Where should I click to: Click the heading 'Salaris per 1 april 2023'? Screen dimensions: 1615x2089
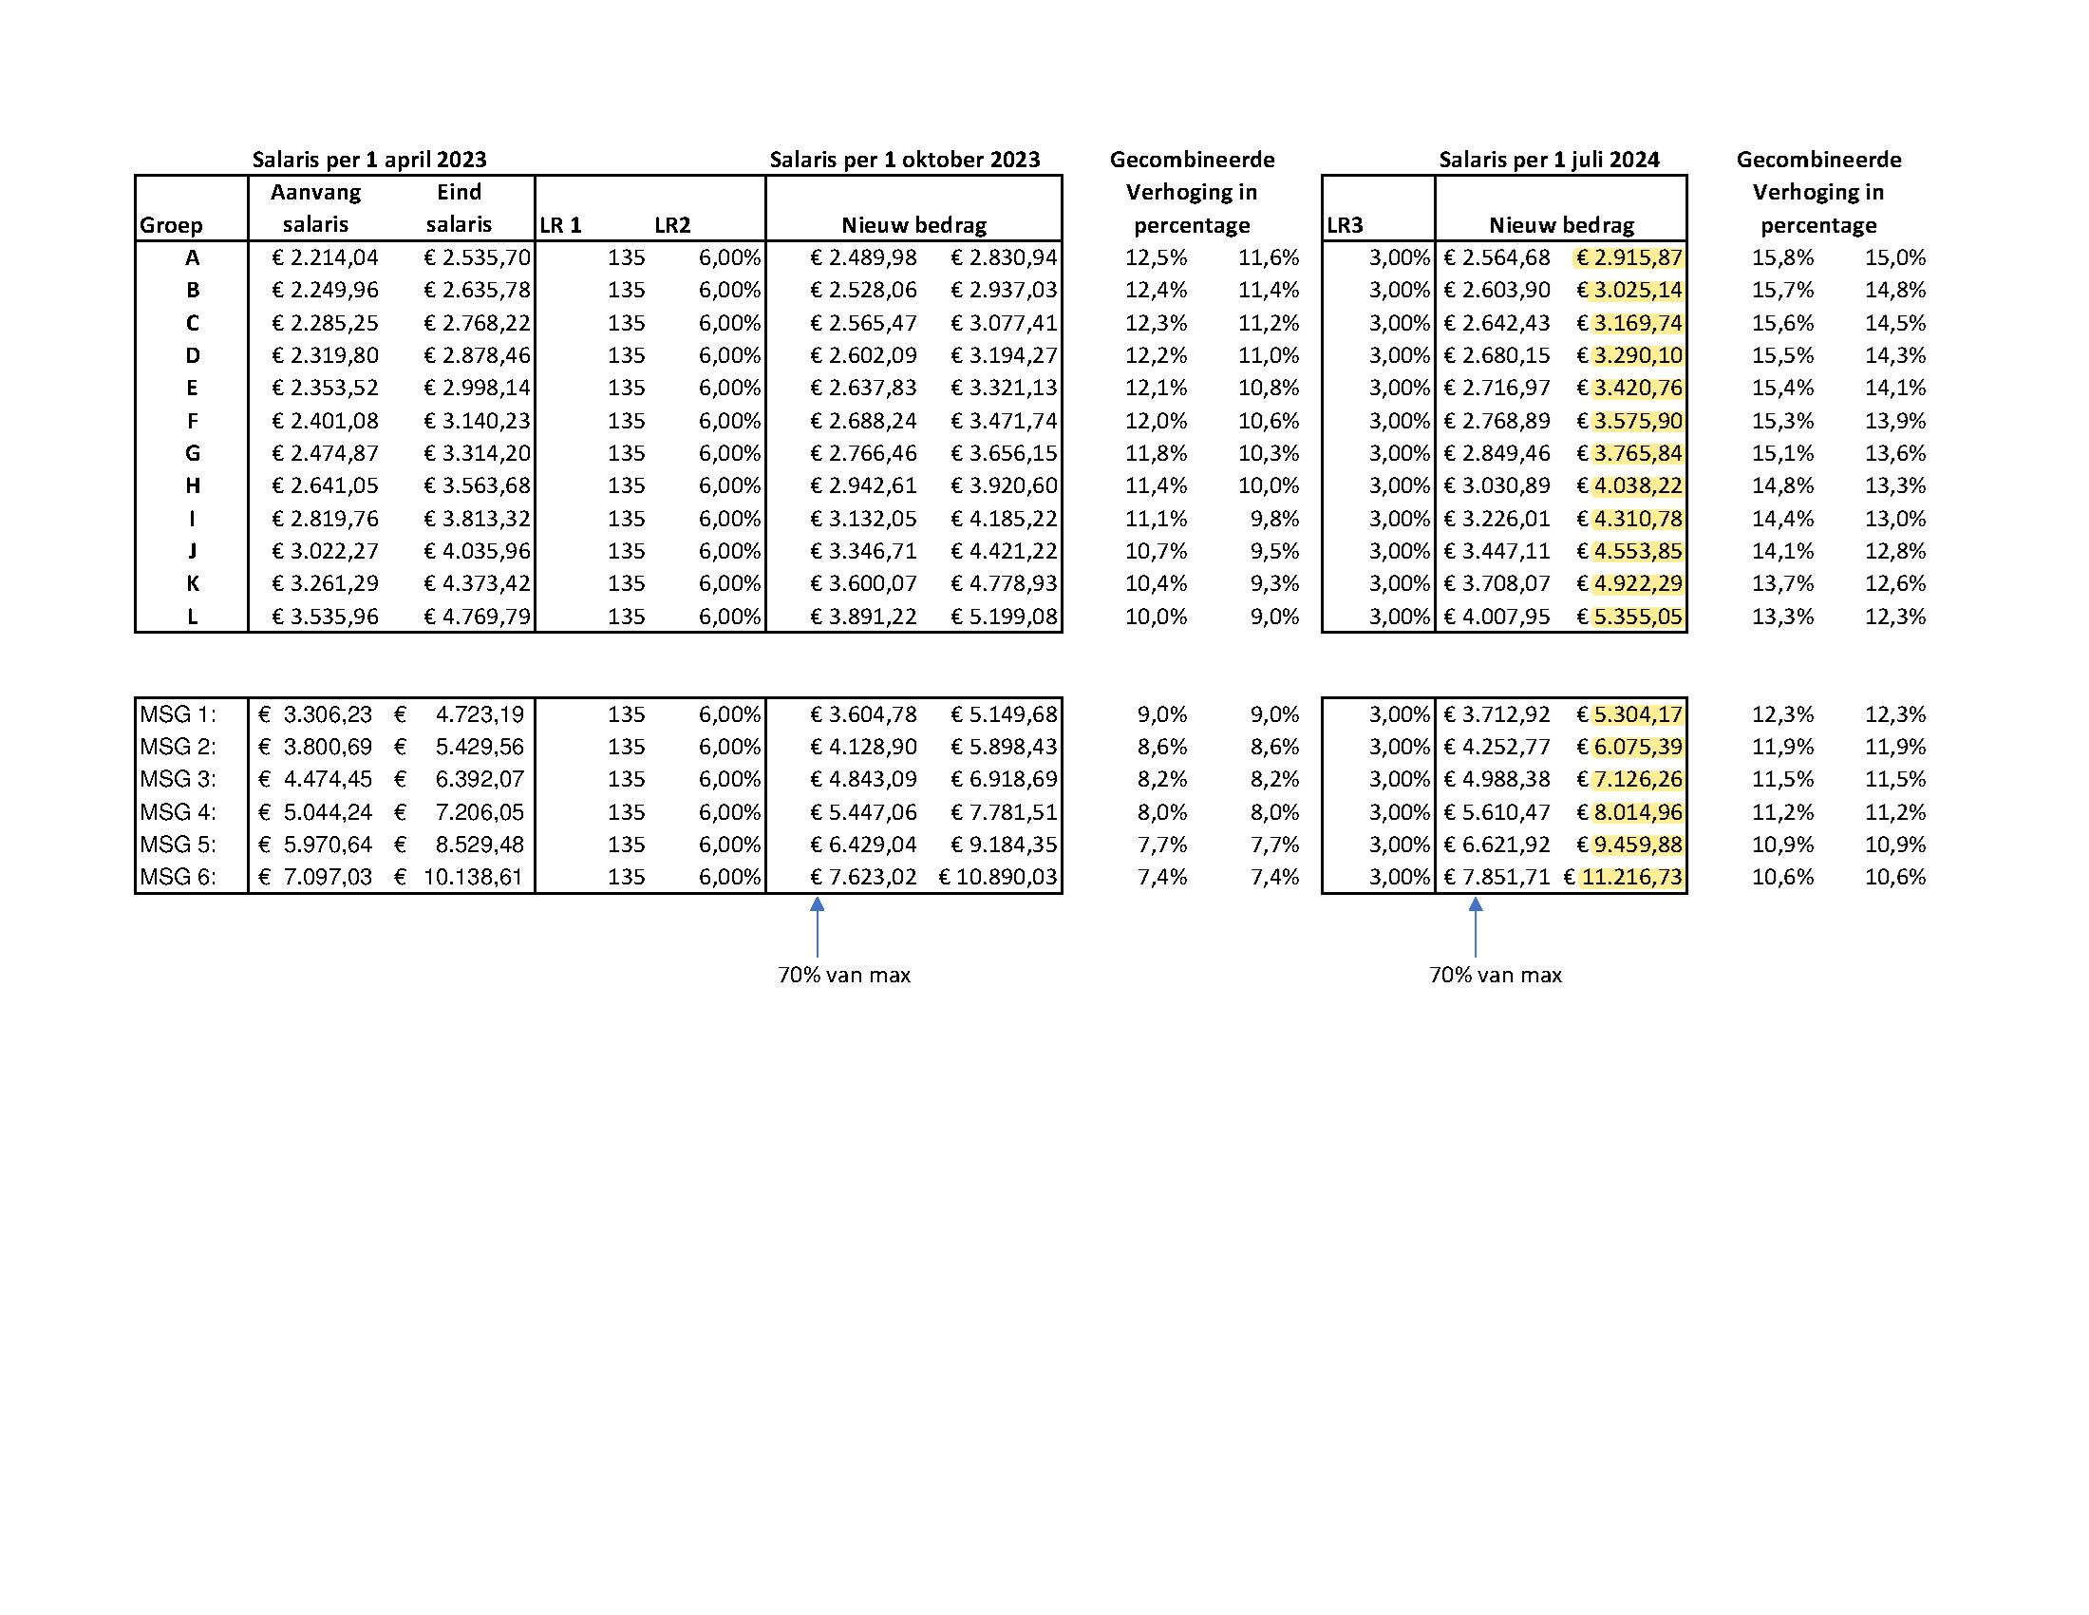(369, 160)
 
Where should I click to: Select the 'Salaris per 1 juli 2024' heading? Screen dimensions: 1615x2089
(1549, 160)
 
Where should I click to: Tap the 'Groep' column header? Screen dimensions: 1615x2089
(171, 226)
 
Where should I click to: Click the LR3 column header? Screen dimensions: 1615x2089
(1345, 226)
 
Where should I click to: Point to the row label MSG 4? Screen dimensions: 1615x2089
(178, 812)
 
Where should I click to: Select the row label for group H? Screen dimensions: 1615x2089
(192, 486)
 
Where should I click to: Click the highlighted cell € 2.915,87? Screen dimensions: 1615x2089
(1628, 258)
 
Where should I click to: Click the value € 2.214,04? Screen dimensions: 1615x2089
(325, 258)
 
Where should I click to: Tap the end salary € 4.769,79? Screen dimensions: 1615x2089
(477, 617)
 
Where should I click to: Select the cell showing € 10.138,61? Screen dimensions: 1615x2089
(461, 878)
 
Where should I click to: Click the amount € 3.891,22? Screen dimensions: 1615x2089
(863, 617)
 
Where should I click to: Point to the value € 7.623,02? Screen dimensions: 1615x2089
(863, 878)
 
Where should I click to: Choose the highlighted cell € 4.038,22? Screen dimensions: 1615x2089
(1628, 486)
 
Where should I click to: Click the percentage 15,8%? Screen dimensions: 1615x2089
(1782, 258)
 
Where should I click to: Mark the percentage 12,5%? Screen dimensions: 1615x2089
(1156, 258)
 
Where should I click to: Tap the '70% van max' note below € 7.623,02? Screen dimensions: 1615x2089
(843, 976)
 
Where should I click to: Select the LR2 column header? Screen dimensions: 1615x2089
(672, 226)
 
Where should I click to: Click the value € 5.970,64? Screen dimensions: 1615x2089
(315, 845)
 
